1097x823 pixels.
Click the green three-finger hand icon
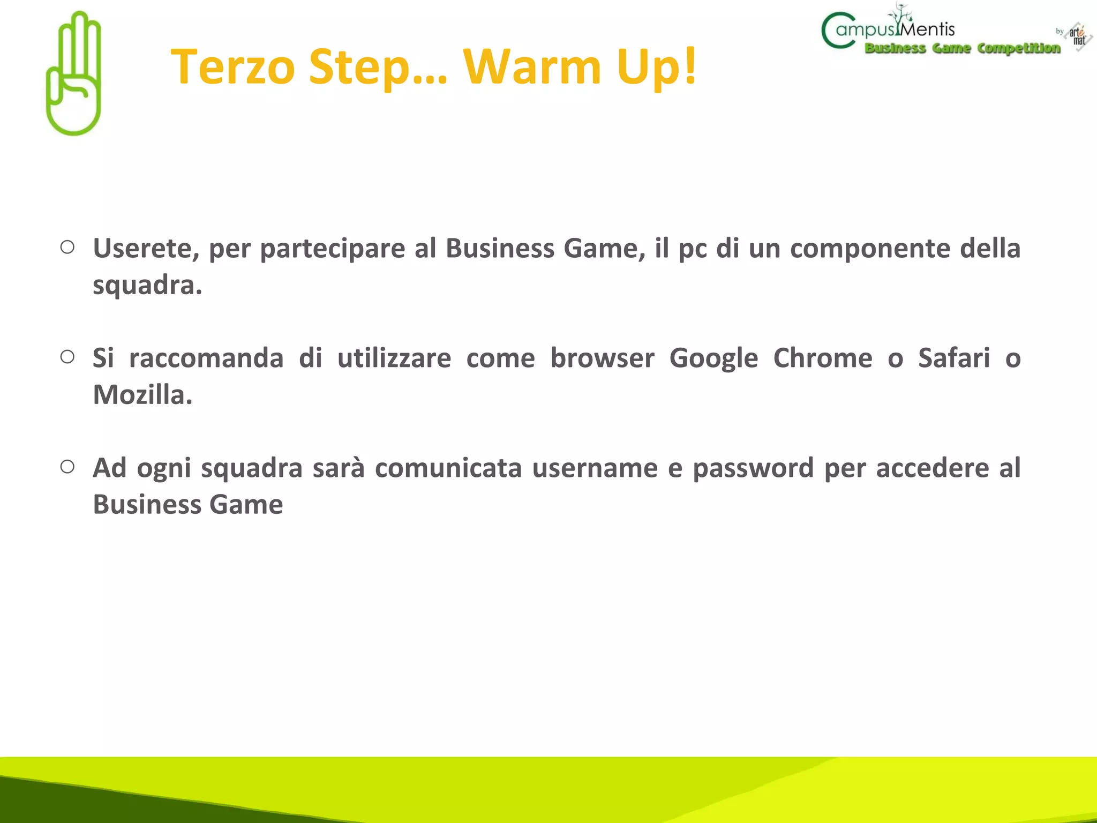pos(74,74)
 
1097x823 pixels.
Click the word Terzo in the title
pos(232,66)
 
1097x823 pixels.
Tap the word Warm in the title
pos(532,66)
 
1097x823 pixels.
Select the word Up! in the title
pos(657,66)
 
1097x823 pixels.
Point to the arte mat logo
pos(1078,36)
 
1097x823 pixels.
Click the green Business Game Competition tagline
pos(962,48)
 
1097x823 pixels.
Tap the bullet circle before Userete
pos(67,247)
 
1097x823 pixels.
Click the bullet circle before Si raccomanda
pos(67,357)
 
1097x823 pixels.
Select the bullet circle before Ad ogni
pos(67,467)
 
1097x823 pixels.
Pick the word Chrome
pos(822,358)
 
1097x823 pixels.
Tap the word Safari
pos(953,358)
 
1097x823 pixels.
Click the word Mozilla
pos(142,395)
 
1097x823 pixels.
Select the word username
pos(595,468)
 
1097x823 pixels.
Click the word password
pos(753,468)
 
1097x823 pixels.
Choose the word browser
pos(602,358)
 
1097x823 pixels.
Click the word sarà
pos(339,468)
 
